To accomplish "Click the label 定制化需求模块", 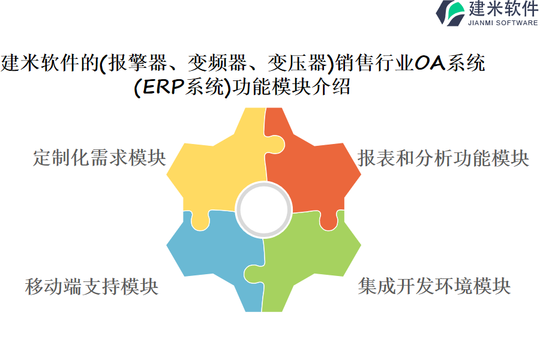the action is [x=100, y=158].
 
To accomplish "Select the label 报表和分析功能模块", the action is [x=443, y=158].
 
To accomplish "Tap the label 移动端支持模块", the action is [x=92, y=286].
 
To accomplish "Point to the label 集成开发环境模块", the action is [x=434, y=286].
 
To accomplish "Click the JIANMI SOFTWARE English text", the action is [x=503, y=23].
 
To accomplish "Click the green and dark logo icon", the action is [x=451, y=13].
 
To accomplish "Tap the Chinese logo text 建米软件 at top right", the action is [x=503, y=8].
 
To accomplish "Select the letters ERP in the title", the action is [x=163, y=86].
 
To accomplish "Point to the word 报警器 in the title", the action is [x=138, y=63].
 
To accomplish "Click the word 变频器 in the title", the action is [x=218, y=63].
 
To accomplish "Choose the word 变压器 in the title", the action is [x=297, y=63].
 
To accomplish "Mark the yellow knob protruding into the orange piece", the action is [x=275, y=145].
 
